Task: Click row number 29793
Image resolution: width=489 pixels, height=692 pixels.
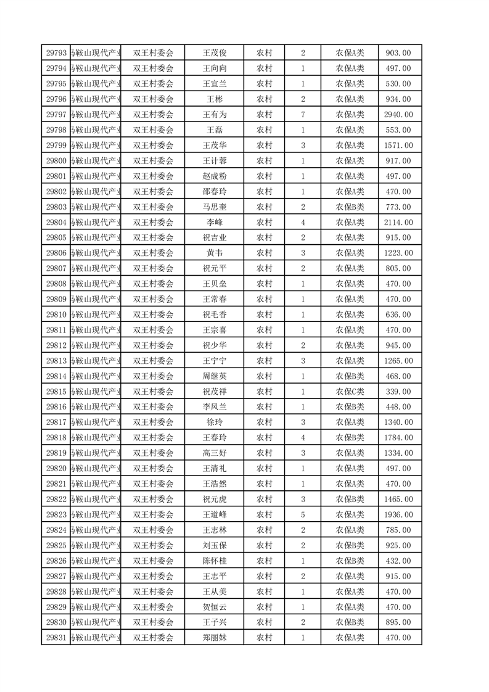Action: (x=56, y=53)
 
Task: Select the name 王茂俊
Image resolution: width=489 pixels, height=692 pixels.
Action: (x=215, y=53)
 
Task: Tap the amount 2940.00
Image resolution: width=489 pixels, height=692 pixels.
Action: (x=398, y=115)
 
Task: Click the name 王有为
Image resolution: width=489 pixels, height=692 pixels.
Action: (x=215, y=115)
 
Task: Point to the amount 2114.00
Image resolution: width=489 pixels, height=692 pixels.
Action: (x=398, y=222)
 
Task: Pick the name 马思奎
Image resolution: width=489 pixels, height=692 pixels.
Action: (x=215, y=207)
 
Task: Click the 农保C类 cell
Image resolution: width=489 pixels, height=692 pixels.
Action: (x=350, y=392)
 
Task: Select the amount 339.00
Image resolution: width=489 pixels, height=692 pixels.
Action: (x=398, y=392)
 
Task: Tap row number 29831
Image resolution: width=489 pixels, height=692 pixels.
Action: (x=56, y=637)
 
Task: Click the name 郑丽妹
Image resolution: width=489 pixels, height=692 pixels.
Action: (x=215, y=637)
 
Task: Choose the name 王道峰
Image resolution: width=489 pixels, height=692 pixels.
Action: (x=215, y=514)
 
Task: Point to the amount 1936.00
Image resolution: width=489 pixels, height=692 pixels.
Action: (x=398, y=514)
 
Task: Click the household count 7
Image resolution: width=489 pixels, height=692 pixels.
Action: (x=303, y=115)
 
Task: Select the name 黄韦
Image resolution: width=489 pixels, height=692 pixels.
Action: (x=215, y=253)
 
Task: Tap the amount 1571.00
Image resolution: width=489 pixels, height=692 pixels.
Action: (x=398, y=146)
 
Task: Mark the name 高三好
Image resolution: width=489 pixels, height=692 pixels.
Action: (x=215, y=453)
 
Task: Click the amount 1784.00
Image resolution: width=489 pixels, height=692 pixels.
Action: (x=398, y=437)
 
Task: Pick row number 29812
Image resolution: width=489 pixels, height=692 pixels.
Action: (x=56, y=345)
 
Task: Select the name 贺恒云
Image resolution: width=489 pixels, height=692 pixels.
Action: (x=215, y=606)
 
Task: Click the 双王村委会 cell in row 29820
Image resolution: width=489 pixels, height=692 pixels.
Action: (x=154, y=468)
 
